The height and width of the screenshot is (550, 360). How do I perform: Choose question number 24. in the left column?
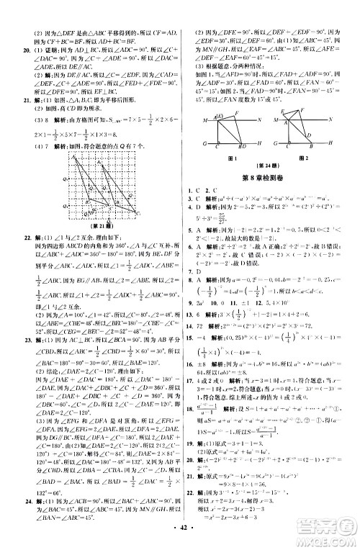click(11, 498)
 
